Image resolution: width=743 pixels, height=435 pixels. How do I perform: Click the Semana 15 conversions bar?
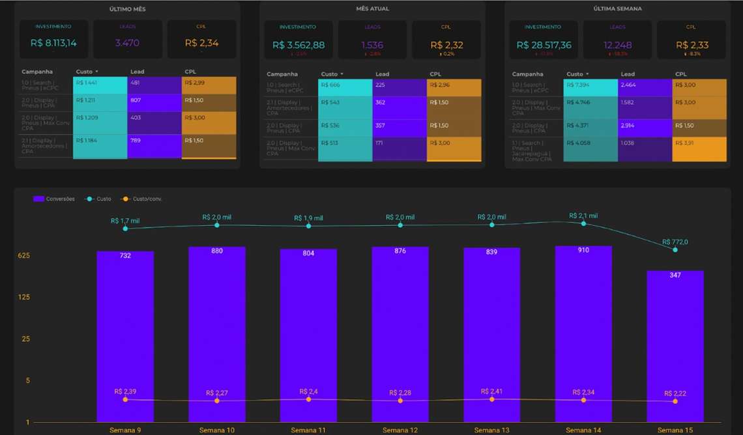[x=675, y=345]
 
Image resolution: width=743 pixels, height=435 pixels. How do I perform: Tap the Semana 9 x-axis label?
[x=125, y=430]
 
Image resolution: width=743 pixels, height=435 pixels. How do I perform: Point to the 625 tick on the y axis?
[x=24, y=255]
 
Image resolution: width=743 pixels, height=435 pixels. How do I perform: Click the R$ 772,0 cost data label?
[x=675, y=242]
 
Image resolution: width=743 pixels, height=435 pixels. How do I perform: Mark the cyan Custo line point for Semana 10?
[x=217, y=225]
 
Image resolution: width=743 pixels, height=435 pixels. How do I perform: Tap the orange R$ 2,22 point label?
[x=675, y=393]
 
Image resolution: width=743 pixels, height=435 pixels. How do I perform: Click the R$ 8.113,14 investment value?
[x=53, y=43]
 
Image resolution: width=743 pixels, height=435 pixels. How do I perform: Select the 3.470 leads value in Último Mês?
[x=127, y=43]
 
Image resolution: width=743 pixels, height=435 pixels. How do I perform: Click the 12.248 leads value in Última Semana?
[x=617, y=45]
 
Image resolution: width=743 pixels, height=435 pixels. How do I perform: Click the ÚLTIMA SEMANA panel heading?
[x=617, y=8]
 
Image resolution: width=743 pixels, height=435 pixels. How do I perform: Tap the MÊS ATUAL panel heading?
[x=372, y=8]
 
